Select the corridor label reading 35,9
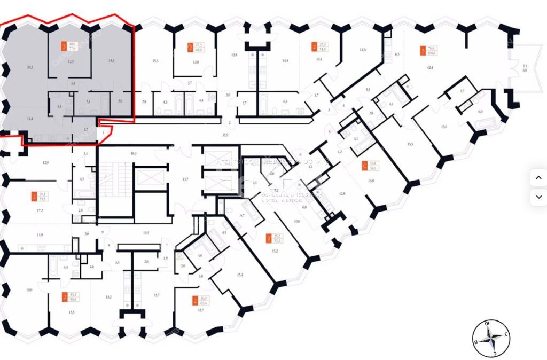(225, 136)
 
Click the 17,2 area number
(39, 210)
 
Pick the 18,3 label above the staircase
(134, 153)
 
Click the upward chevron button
(538, 178)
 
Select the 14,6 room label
(363, 50)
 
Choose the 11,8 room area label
(39, 234)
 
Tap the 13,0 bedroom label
(443, 127)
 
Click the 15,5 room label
(410, 144)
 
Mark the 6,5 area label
(397, 54)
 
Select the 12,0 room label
(196, 62)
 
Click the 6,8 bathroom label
(285, 101)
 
